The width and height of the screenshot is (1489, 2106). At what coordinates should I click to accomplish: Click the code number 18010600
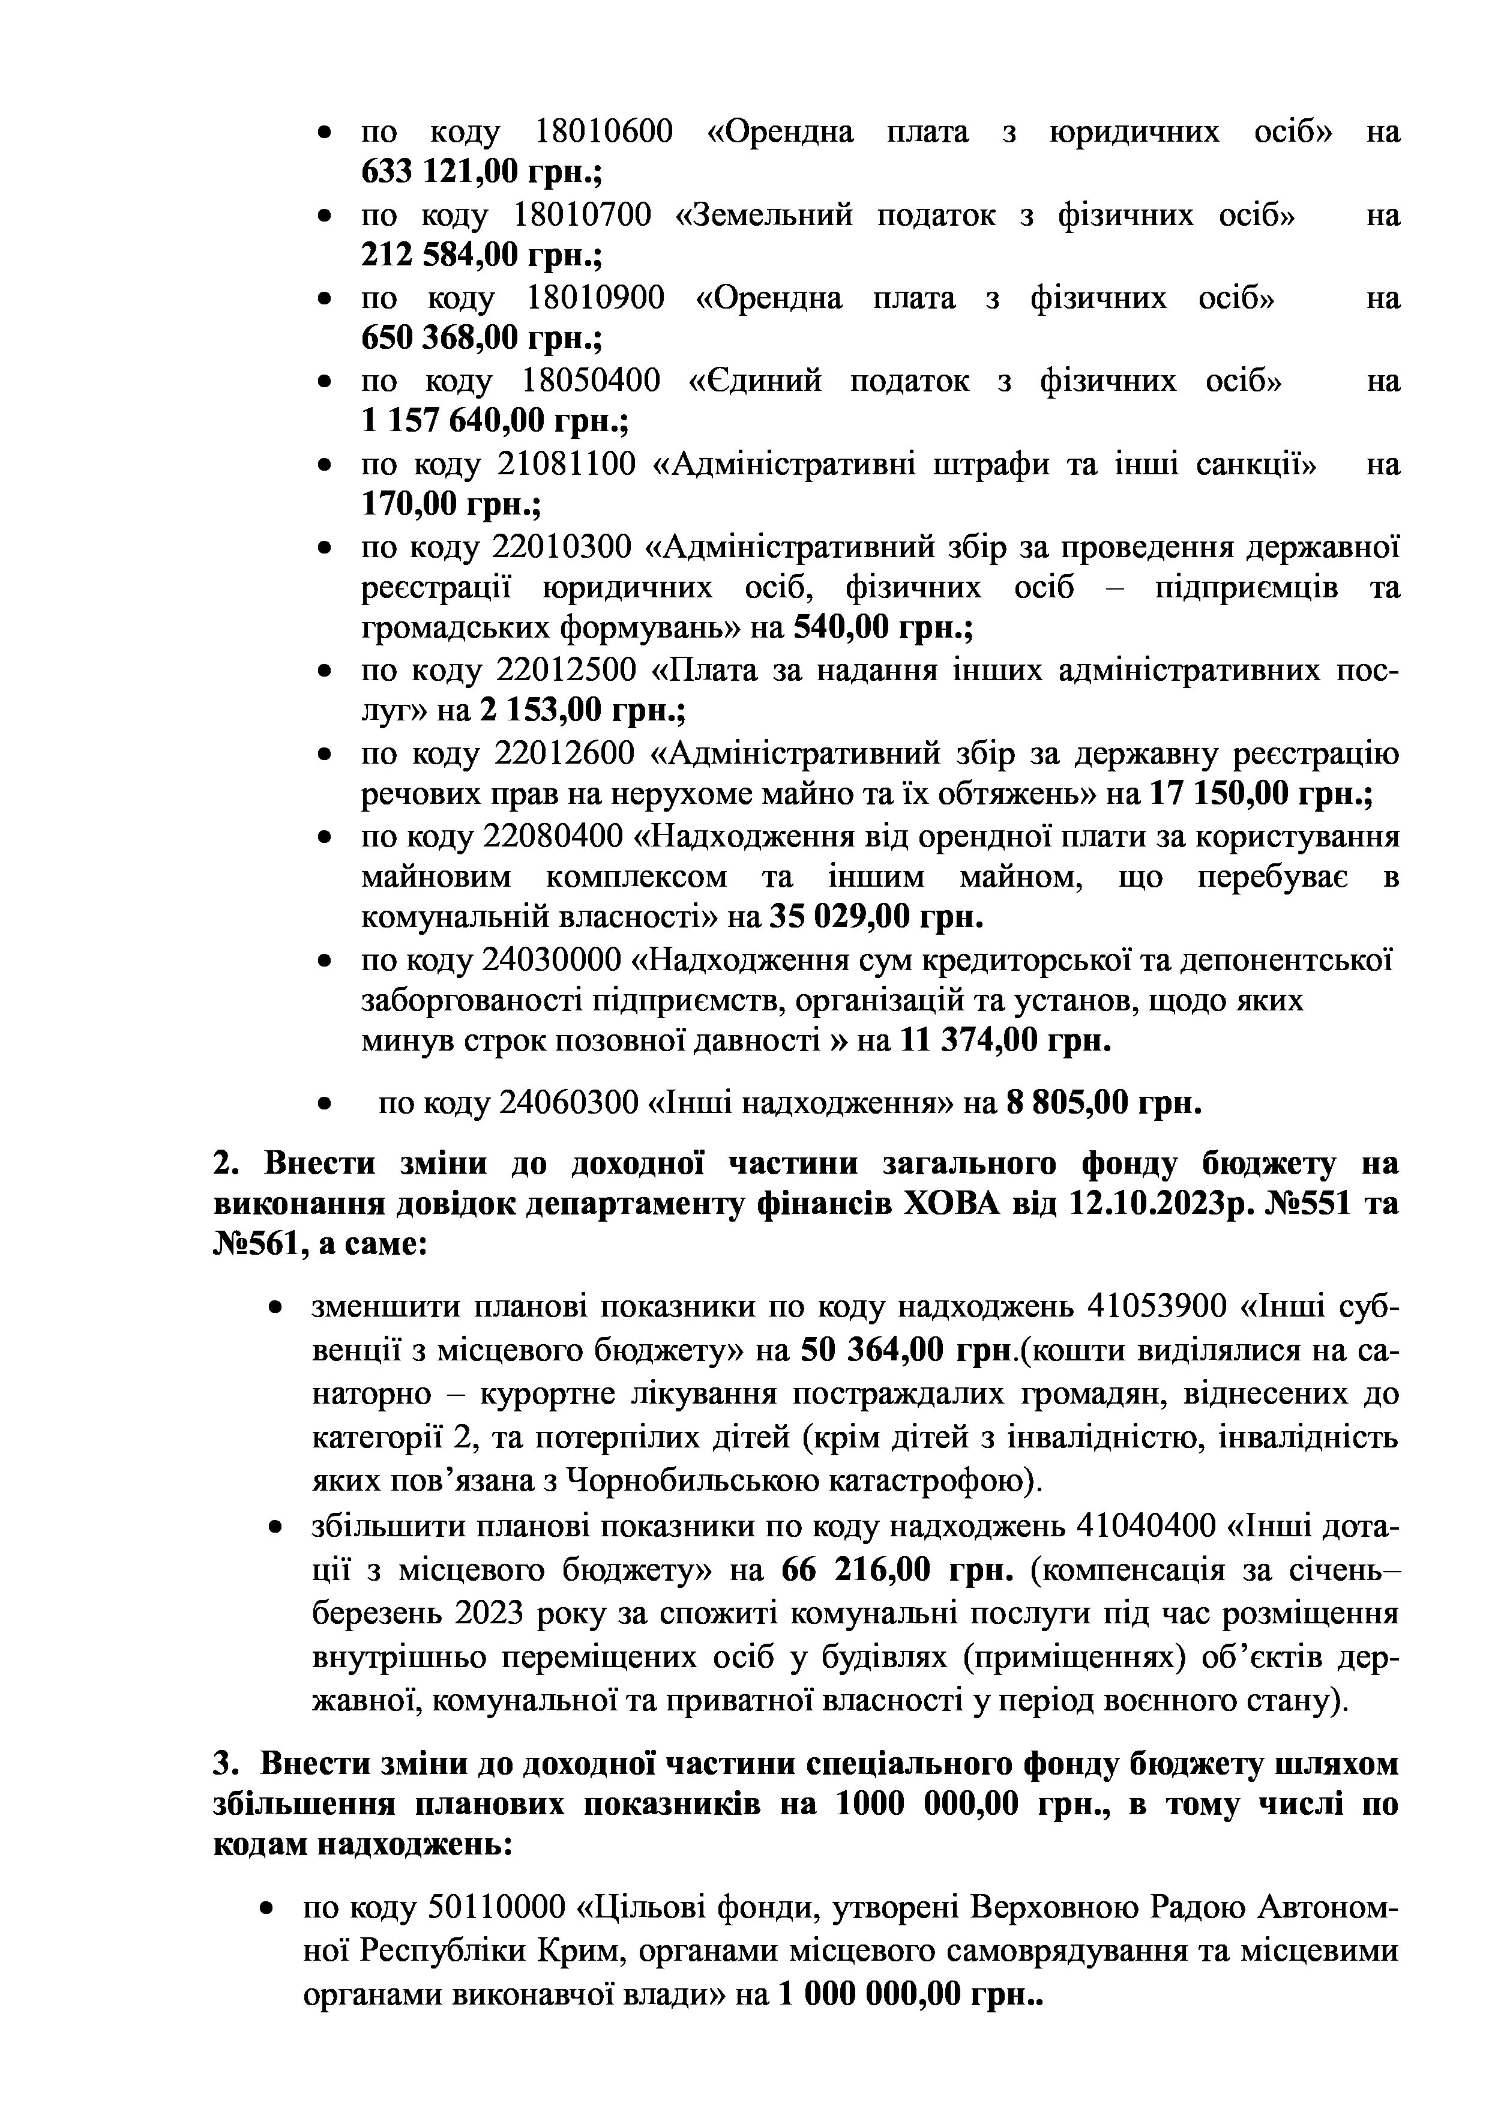pyautogui.click(x=603, y=133)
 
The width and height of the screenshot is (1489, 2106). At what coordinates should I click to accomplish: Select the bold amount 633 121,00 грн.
pyautogui.click(x=481, y=172)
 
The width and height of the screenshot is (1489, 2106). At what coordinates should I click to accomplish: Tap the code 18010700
pyautogui.click(x=582, y=216)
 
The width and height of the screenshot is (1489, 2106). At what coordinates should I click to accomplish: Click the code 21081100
pyautogui.click(x=566, y=465)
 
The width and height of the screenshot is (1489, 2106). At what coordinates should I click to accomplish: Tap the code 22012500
pyautogui.click(x=566, y=671)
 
